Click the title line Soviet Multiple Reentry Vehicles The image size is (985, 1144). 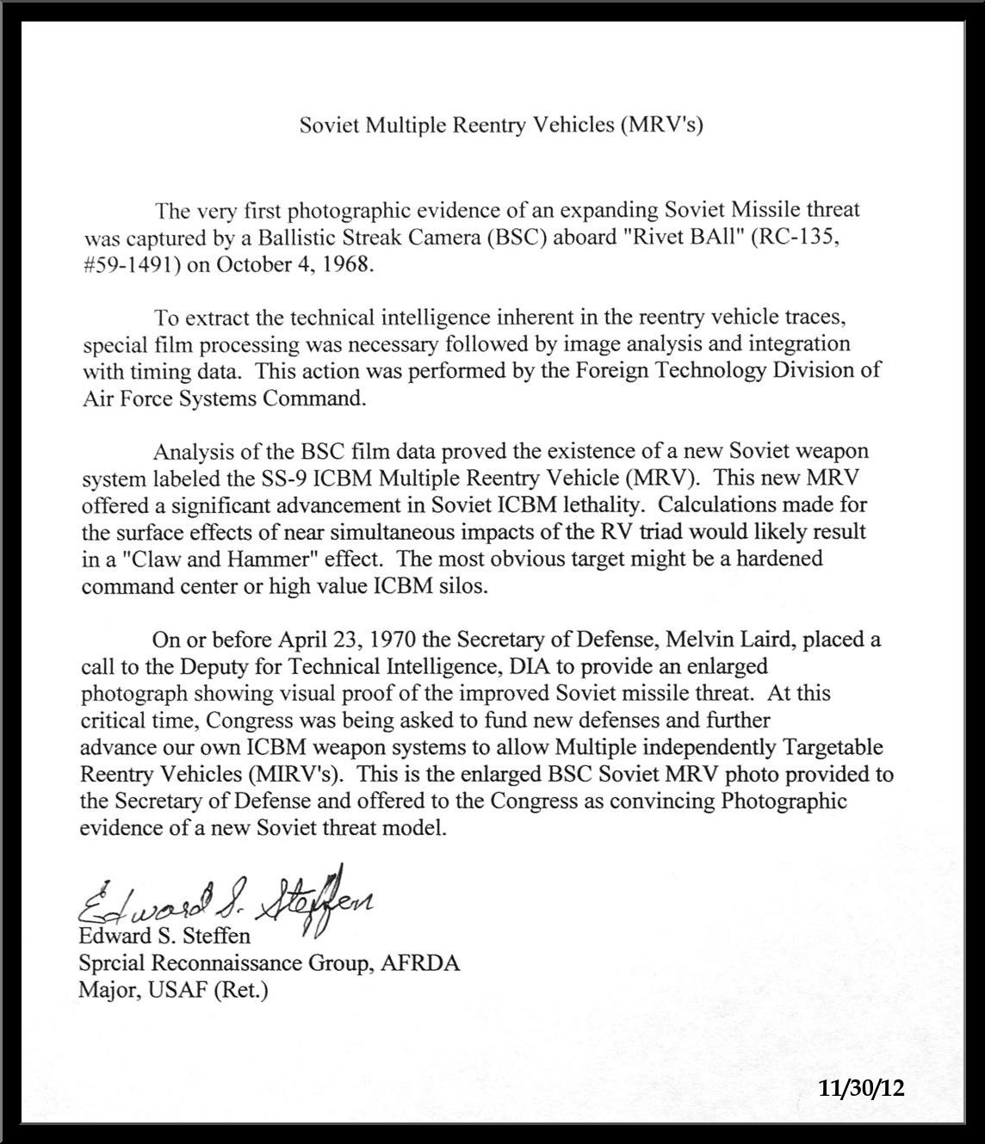click(x=501, y=126)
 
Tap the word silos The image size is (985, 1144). click(x=464, y=586)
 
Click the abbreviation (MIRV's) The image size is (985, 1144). click(x=294, y=774)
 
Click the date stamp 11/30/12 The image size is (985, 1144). click(x=862, y=1088)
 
